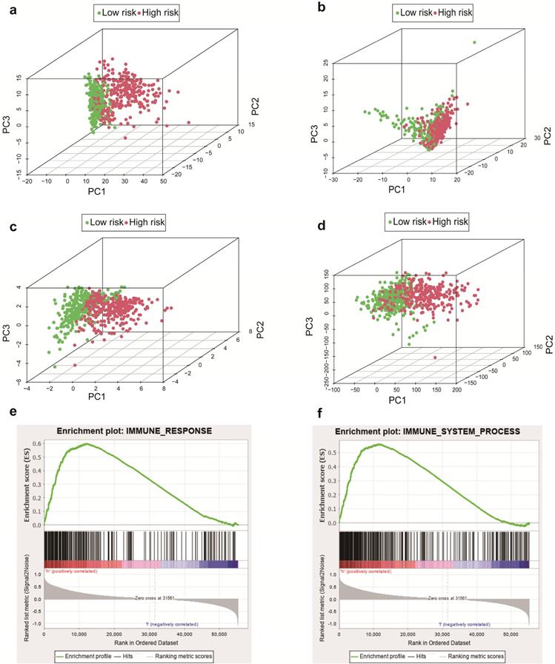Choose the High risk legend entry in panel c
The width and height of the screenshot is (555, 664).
tap(145, 221)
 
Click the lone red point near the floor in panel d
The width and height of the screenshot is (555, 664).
tap(435, 358)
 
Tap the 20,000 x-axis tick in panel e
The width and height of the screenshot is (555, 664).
tap(113, 634)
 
